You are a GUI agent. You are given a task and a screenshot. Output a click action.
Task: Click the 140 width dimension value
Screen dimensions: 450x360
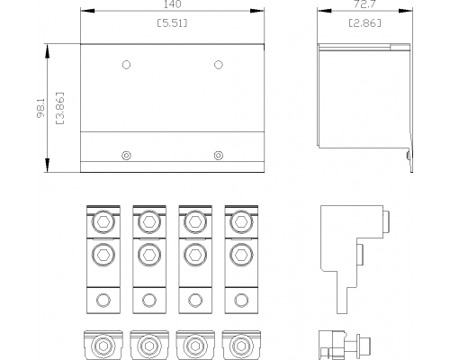click(173, 4)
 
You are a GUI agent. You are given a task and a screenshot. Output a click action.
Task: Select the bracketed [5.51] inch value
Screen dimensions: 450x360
click(173, 22)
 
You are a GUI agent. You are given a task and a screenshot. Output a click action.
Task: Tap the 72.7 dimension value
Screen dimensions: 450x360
click(364, 4)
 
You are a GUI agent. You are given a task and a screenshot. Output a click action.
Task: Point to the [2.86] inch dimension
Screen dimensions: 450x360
click(364, 22)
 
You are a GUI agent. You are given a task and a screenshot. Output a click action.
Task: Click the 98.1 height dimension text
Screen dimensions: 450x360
click(40, 108)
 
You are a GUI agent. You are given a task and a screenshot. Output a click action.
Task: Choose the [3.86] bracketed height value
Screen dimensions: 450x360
click(60, 108)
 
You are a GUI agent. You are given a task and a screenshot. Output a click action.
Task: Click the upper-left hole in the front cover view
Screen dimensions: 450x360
click(126, 65)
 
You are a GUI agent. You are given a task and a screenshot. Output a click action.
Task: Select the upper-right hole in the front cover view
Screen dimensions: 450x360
click(219, 65)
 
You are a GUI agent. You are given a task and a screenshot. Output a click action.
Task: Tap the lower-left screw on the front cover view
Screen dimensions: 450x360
click(126, 156)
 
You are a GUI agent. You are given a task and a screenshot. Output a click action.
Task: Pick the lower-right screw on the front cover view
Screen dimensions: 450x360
click(219, 156)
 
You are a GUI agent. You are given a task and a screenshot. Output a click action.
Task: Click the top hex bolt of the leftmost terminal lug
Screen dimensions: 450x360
click(103, 222)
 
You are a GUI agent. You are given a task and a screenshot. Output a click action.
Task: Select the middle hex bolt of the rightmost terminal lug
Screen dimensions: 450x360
click(241, 255)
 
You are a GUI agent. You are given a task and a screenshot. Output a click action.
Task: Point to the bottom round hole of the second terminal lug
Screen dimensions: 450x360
click(149, 300)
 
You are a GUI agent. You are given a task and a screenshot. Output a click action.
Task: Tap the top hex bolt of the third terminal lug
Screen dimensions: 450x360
click(195, 222)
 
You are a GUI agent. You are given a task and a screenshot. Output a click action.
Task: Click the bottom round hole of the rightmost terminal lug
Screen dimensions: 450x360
click(241, 300)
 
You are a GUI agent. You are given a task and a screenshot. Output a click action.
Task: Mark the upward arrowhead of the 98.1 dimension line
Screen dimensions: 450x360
click(47, 51)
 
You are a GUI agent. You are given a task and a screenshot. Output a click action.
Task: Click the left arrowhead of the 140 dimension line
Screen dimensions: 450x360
click(87, 11)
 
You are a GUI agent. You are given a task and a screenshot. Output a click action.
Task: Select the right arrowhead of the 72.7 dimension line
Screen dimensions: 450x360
click(406, 11)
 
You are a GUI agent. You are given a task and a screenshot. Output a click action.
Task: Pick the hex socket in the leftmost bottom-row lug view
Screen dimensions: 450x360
click(103, 346)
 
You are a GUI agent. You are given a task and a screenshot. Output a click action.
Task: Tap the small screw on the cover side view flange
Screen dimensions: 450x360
click(409, 156)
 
